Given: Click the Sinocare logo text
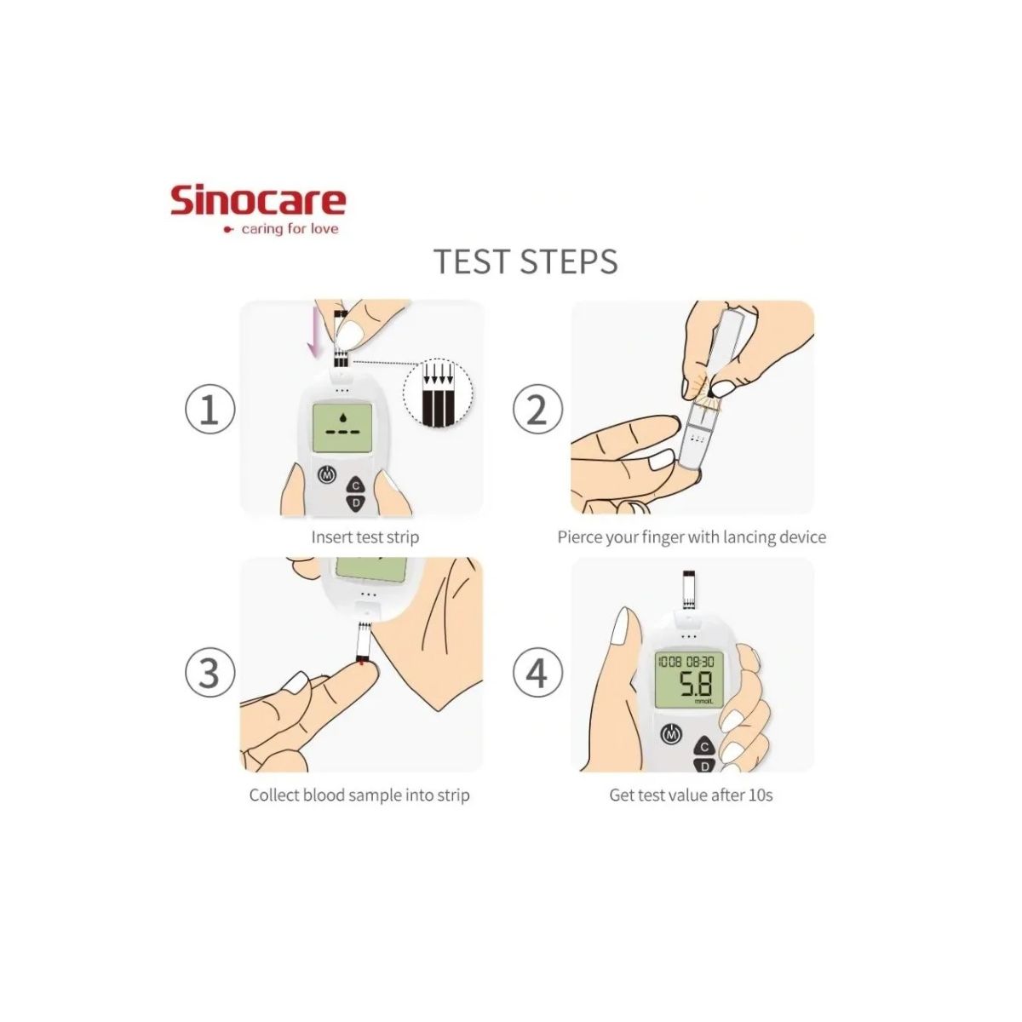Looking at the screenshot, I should (258, 200).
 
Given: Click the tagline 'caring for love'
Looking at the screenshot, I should (289, 229).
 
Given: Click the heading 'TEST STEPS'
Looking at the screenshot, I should (525, 261).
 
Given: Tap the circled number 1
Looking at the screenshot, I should (210, 410).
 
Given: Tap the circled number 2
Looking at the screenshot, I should (537, 410).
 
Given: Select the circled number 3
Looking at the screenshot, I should (210, 673).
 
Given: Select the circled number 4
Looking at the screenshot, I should (537, 673).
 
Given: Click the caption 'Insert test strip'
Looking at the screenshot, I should (365, 537).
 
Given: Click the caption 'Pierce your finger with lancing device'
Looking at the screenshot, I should (691, 537).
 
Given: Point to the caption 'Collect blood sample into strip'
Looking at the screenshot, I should (359, 795).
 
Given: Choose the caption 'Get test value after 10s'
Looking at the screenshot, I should (691, 795).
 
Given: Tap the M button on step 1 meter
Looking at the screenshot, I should (325, 474).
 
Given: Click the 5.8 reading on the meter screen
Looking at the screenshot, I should (694, 684).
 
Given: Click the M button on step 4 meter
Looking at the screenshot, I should (672, 733).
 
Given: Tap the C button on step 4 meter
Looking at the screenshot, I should (704, 748).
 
